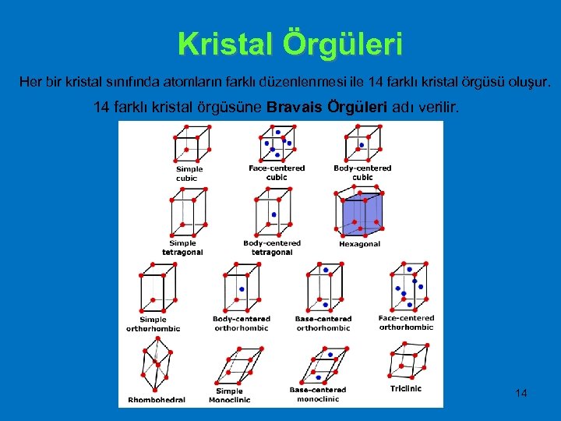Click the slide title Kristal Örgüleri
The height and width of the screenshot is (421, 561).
pyautogui.click(x=290, y=44)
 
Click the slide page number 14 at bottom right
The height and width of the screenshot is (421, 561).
pyautogui.click(x=521, y=393)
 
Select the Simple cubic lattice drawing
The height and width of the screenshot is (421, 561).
pyautogui.click(x=191, y=145)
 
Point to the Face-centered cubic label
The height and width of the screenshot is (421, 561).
pyautogui.click(x=277, y=172)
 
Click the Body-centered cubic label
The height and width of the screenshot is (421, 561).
pyautogui.click(x=362, y=172)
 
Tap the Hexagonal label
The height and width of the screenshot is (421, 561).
pyautogui.click(x=359, y=244)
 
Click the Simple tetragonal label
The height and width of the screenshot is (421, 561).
pyautogui.click(x=182, y=248)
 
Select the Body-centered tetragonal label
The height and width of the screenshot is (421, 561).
pyautogui.click(x=272, y=248)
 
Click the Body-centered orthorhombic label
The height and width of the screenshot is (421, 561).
pyautogui.click(x=242, y=323)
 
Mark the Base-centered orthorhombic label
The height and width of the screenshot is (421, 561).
pyautogui.click(x=323, y=323)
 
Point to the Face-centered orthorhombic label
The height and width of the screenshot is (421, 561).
pyautogui.click(x=406, y=322)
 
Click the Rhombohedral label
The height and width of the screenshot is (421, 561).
pyautogui.click(x=157, y=400)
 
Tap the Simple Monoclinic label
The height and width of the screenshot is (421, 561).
pyautogui.click(x=229, y=395)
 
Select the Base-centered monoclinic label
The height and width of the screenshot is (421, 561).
pyautogui.click(x=317, y=394)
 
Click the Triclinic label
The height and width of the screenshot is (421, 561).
pyautogui.click(x=406, y=388)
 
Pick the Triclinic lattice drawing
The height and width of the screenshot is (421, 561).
pyautogui.click(x=406, y=363)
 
